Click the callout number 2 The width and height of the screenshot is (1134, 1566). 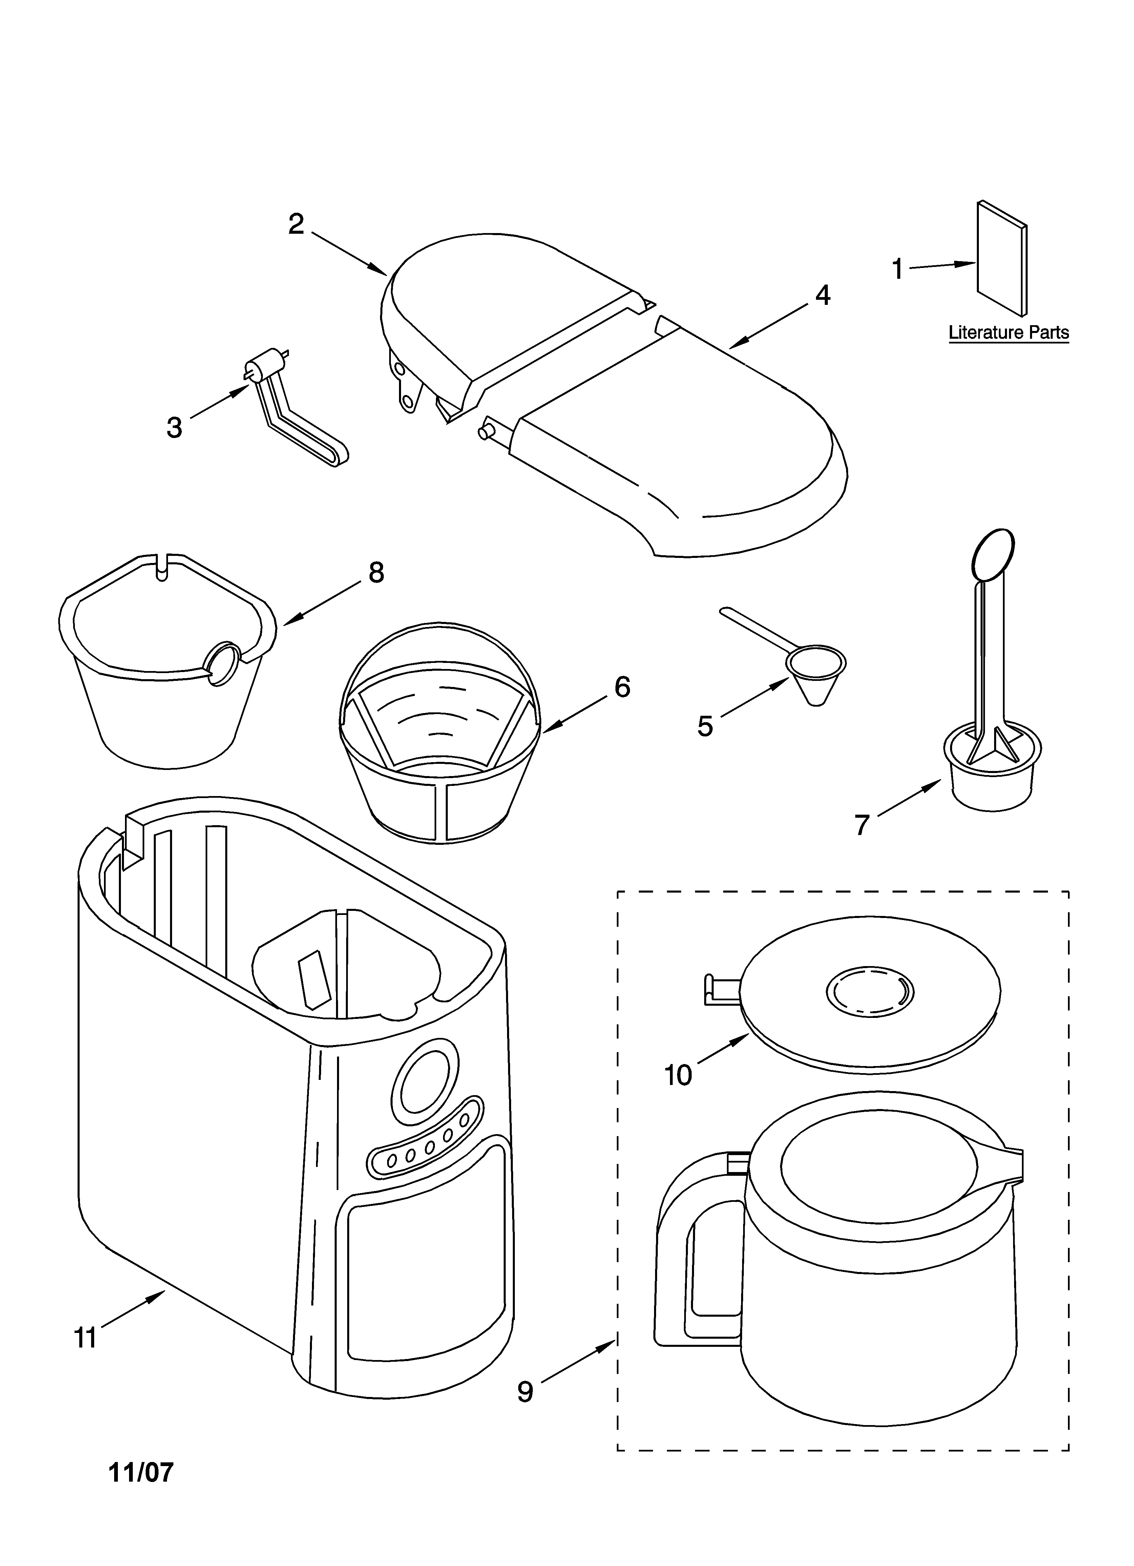(296, 224)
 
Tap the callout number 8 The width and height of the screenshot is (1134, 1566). (376, 572)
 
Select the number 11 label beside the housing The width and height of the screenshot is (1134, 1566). (86, 1338)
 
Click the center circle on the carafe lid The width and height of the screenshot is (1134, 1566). (869, 994)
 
